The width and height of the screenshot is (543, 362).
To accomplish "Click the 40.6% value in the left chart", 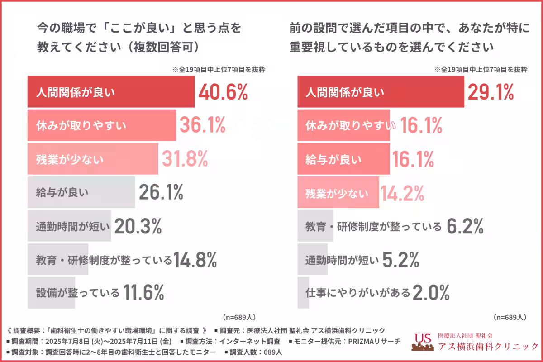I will (x=223, y=92).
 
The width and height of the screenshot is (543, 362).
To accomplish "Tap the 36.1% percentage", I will (x=202, y=125).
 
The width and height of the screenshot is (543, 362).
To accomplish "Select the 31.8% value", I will (x=185, y=158).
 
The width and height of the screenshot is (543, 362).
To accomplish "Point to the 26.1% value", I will (x=161, y=192).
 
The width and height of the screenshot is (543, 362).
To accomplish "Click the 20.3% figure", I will (x=138, y=226).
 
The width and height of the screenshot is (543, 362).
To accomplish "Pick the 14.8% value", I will (x=195, y=260).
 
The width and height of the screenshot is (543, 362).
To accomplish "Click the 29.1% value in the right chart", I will (x=491, y=92).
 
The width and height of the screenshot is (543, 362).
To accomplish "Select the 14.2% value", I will (x=402, y=194).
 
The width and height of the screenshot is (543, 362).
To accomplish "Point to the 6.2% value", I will (x=465, y=226).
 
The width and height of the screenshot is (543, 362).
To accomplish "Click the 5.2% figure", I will (x=400, y=260).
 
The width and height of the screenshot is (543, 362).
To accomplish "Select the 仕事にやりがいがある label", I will (x=357, y=293).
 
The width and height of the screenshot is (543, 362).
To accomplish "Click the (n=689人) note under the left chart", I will (x=239, y=317).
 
